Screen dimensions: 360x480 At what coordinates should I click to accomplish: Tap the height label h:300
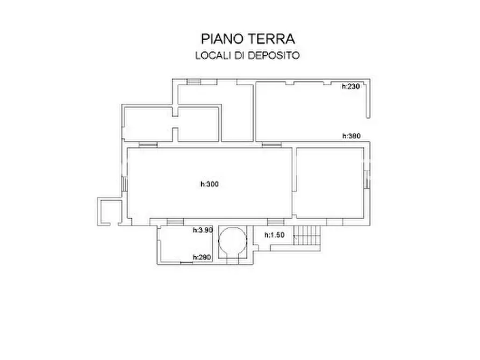point(210,184)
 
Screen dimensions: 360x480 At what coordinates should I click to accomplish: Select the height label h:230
point(350,86)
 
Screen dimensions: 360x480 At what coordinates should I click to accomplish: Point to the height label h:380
point(350,136)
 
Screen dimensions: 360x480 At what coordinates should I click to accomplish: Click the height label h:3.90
point(203,230)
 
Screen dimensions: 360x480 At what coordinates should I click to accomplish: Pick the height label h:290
point(202,257)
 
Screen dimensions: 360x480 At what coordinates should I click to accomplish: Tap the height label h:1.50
point(274,235)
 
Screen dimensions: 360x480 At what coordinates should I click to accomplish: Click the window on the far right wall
point(366,179)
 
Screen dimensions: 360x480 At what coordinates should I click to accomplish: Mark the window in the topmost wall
point(193,81)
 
